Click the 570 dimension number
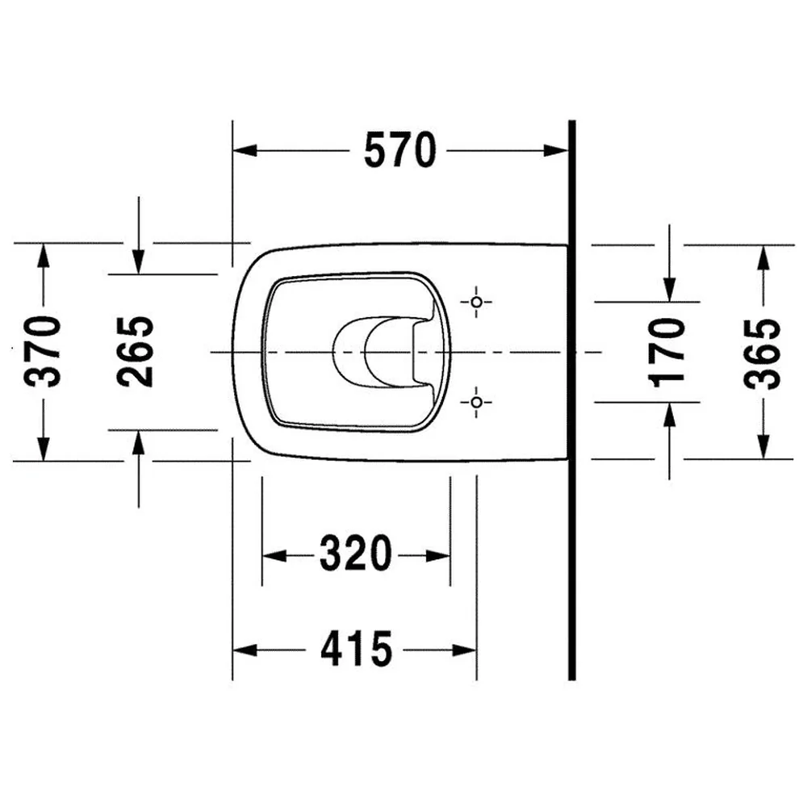[x=400, y=150]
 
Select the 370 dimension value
[x=43, y=352]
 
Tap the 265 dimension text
[x=136, y=352]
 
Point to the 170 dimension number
[x=667, y=353]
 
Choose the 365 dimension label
[x=763, y=354]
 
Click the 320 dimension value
[x=356, y=554]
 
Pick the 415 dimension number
[x=356, y=649]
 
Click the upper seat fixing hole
[x=477, y=302]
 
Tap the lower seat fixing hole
[x=477, y=401]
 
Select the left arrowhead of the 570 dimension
[x=245, y=151]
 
